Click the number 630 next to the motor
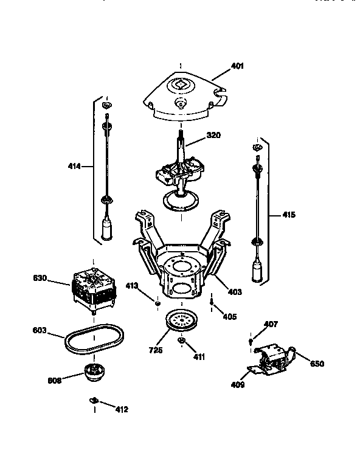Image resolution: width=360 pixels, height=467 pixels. (x=40, y=278)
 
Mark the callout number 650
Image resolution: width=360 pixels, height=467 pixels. (x=317, y=364)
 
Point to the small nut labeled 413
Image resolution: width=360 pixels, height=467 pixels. (x=157, y=303)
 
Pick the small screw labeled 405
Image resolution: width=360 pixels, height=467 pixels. (x=210, y=302)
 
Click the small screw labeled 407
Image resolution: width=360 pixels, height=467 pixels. (x=251, y=342)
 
